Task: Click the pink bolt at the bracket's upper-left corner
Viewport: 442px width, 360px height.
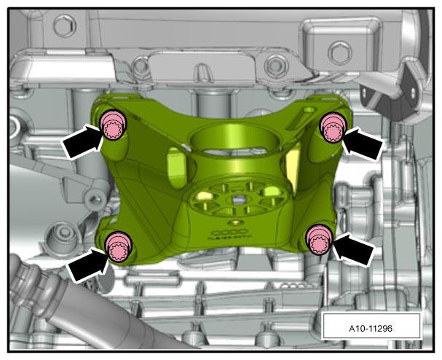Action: click(x=114, y=125)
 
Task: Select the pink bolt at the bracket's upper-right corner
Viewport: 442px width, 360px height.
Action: click(x=333, y=128)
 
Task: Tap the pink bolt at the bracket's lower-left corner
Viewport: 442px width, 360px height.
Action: click(x=119, y=246)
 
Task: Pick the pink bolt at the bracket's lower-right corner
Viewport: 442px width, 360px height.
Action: click(x=320, y=240)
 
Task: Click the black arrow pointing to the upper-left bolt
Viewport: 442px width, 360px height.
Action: click(x=82, y=141)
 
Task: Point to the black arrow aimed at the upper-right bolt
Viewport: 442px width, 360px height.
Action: click(x=362, y=143)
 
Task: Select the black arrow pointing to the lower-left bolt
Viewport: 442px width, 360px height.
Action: click(x=87, y=265)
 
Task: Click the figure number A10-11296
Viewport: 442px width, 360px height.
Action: click(x=371, y=329)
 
